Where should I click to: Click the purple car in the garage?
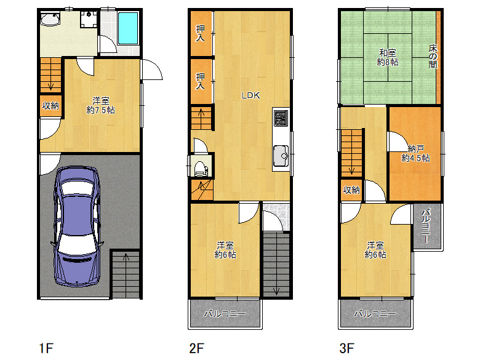tap(77, 227)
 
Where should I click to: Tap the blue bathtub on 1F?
tap(128, 28)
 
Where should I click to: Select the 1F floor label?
tap(46, 348)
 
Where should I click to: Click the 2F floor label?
tap(196, 348)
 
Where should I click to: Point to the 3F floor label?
tap(347, 348)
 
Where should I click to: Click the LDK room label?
tap(250, 95)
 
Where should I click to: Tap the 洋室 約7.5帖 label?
tap(100, 105)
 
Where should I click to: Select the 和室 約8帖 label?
tap(388, 58)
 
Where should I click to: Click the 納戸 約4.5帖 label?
tap(415, 153)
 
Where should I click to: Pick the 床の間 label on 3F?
tap(433, 57)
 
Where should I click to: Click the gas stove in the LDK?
tap(281, 118)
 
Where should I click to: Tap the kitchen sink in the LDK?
tap(281, 156)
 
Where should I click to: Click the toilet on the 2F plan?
tap(201, 169)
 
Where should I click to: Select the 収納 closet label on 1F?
tap(50, 106)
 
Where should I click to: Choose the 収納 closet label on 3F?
tap(351, 190)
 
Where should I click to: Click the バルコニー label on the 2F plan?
tap(225, 313)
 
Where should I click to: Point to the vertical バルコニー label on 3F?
tap(426, 226)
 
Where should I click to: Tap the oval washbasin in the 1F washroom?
tap(50, 19)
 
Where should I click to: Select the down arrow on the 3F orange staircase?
tap(352, 168)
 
